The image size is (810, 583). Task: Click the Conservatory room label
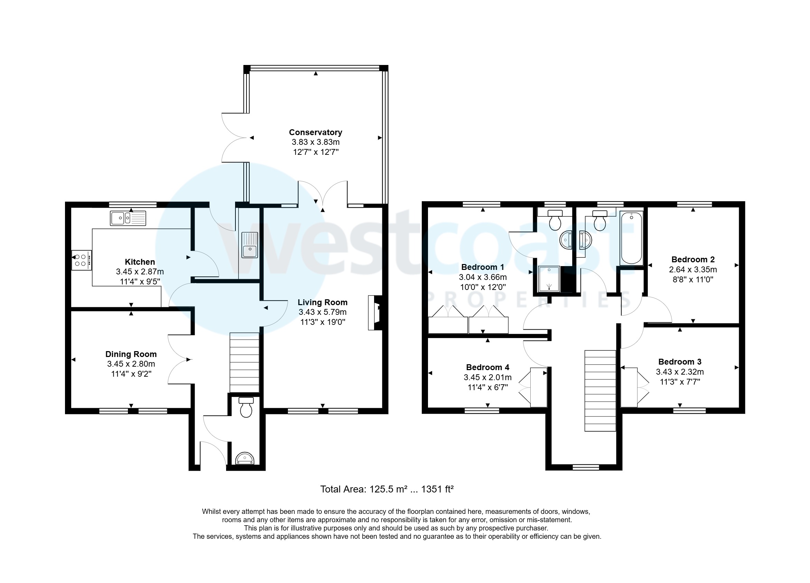tap(315, 132)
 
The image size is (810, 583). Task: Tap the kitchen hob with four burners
tap(81, 260)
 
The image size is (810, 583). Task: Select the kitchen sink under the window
tap(128, 218)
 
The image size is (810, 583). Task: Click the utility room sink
tap(250, 245)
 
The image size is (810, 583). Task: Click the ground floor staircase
tap(244, 363)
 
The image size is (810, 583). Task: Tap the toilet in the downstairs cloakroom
tap(246, 407)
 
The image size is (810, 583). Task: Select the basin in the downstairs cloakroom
tap(245, 458)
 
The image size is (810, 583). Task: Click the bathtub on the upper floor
tap(631, 238)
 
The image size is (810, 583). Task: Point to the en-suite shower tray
tap(549, 279)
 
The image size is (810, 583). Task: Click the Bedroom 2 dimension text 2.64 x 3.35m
tap(692, 270)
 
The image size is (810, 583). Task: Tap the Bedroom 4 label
tap(487, 367)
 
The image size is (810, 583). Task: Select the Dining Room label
tap(131, 354)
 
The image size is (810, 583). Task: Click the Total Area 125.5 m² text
tap(387, 489)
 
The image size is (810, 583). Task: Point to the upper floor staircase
tap(600, 391)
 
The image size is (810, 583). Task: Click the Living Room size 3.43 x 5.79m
tap(323, 312)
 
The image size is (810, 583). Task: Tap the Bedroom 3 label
tap(680, 361)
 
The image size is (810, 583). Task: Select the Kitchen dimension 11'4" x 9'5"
tap(140, 282)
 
